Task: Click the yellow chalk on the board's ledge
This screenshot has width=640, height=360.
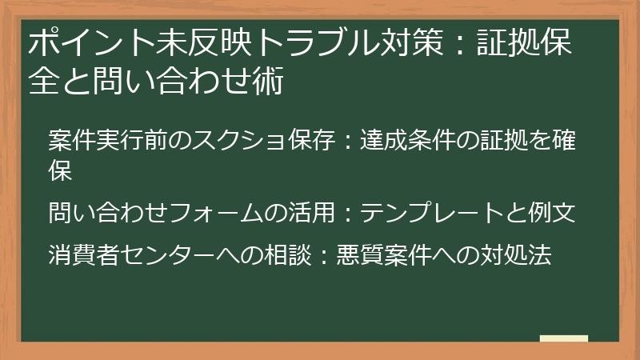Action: (564, 338)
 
